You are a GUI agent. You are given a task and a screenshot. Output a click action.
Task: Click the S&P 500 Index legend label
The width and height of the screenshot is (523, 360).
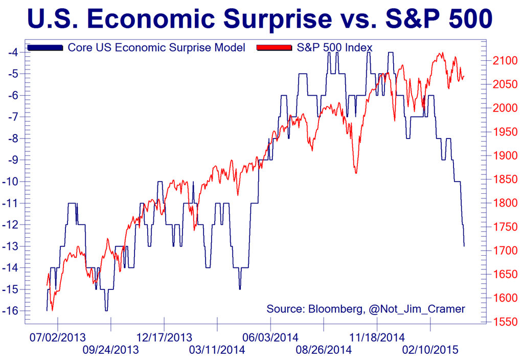click(x=335, y=48)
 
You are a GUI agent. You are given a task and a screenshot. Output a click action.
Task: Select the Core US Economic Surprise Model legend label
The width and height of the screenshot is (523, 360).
click(x=156, y=48)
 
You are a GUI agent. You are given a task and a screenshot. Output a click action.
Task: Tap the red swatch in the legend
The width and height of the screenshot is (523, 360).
click(x=275, y=48)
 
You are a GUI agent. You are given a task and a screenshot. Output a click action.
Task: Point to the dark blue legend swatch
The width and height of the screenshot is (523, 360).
click(x=46, y=48)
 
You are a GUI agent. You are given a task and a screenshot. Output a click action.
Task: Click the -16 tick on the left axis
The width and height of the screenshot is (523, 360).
click(x=12, y=311)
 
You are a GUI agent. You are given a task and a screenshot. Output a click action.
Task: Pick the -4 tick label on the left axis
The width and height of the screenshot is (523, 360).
click(x=14, y=52)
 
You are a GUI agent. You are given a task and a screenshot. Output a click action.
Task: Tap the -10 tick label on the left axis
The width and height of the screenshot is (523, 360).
click(x=12, y=182)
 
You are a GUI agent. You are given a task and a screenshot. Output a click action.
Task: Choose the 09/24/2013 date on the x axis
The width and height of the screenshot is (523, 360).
click(x=110, y=350)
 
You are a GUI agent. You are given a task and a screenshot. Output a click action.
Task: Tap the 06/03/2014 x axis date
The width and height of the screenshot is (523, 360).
click(x=270, y=337)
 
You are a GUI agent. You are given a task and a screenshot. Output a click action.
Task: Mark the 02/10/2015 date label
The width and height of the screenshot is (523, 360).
click(x=430, y=350)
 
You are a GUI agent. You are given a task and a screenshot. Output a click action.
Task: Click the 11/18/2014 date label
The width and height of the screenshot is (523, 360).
click(x=377, y=337)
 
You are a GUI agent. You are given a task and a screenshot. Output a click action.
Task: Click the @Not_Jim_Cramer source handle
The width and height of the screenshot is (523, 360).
click(x=415, y=309)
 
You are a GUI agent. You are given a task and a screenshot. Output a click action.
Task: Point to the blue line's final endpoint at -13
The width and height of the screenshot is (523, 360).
click(x=464, y=246)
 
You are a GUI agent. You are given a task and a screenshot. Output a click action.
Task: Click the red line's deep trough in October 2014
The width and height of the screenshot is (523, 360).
click(x=356, y=173)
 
